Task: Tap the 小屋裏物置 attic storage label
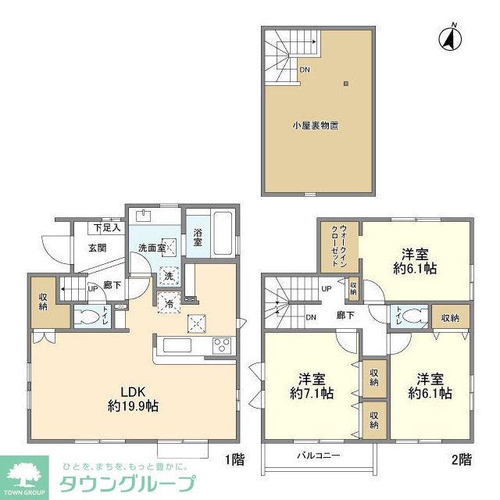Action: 316,125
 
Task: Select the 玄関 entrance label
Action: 86,248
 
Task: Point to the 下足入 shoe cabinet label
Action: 107,228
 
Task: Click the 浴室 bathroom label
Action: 198,237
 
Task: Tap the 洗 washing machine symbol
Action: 169,276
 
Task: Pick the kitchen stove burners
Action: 221,345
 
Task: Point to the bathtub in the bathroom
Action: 222,232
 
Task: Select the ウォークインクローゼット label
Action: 338,242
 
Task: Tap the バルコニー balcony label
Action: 317,454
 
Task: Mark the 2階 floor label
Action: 461,459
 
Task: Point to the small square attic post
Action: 347,84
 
